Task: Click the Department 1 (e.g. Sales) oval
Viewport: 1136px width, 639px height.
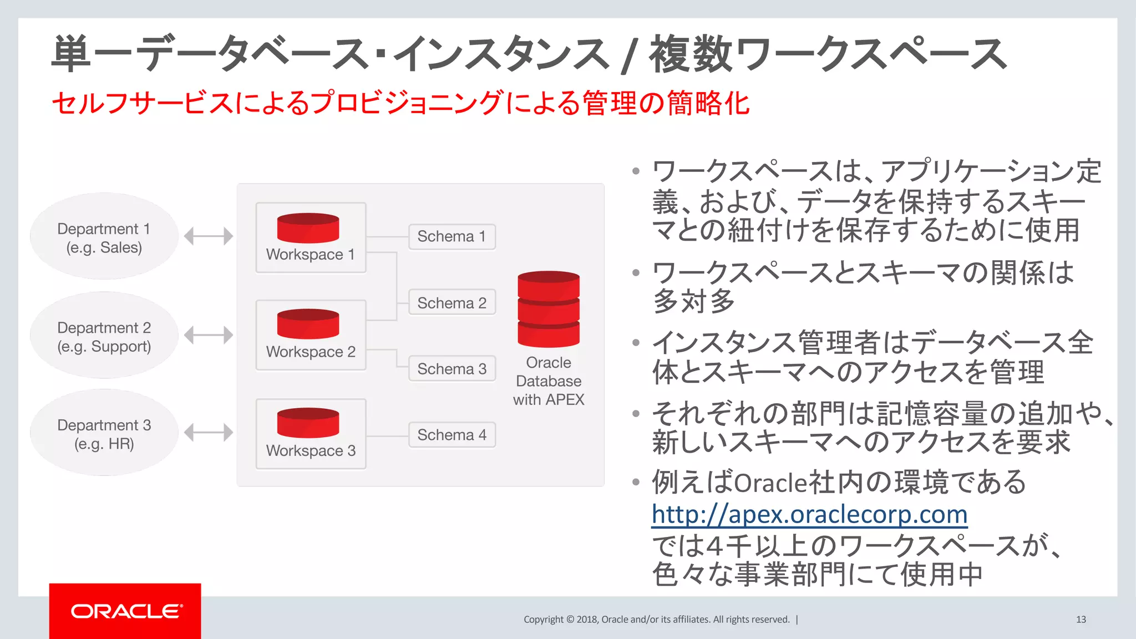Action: pyautogui.click(x=104, y=237)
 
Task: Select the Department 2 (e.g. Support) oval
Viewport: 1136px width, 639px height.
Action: pyautogui.click(x=104, y=336)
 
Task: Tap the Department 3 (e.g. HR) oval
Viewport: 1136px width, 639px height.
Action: pyautogui.click(x=104, y=433)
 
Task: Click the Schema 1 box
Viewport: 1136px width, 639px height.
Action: pyautogui.click(x=452, y=237)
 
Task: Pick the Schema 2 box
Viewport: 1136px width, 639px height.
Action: pyautogui.click(x=452, y=303)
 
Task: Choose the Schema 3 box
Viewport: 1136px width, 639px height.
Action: pyautogui.click(x=452, y=369)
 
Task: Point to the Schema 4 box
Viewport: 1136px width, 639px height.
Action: pyautogui.click(x=452, y=435)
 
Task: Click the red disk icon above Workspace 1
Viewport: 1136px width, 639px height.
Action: pyautogui.click(x=308, y=228)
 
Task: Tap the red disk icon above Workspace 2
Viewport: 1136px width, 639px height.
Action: pyautogui.click(x=308, y=324)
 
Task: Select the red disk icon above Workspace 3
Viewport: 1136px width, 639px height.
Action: pyautogui.click(x=308, y=423)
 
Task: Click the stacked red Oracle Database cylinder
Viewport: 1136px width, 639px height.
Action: pyautogui.click(x=548, y=309)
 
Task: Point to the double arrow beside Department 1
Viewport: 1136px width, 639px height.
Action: pyautogui.click(x=208, y=236)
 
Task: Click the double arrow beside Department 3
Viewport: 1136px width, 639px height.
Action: pyautogui.click(x=208, y=433)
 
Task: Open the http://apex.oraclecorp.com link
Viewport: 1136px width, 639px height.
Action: pyautogui.click(x=809, y=514)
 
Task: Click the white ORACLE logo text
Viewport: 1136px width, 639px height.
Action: pyautogui.click(x=126, y=611)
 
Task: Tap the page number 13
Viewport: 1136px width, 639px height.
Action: pyautogui.click(x=1081, y=620)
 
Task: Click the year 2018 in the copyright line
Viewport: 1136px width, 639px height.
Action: pyautogui.click(x=587, y=620)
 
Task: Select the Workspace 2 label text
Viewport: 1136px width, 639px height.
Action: pyautogui.click(x=311, y=352)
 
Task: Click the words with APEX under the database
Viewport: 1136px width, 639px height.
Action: pyautogui.click(x=548, y=400)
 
